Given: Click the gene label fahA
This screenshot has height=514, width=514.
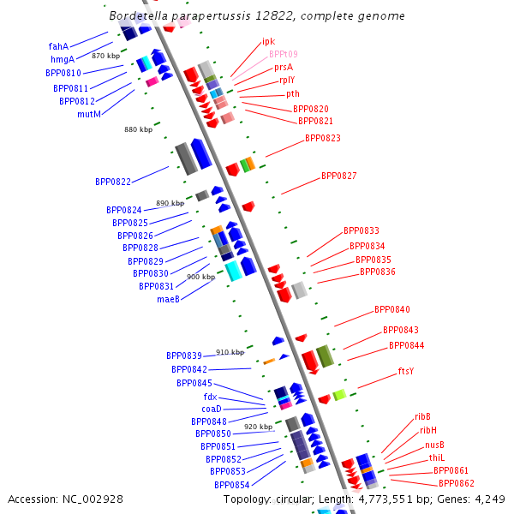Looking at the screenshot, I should click(58, 46).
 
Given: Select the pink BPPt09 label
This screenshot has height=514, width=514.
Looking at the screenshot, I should click(284, 54).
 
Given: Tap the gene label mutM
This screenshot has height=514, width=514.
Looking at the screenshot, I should click(89, 114).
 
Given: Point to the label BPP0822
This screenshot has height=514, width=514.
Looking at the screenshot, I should click(112, 182).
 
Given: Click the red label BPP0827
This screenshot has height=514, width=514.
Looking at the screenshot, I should click(338, 176).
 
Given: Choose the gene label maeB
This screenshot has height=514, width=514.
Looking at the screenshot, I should click(168, 299).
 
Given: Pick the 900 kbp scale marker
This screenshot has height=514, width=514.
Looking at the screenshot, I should click(200, 277).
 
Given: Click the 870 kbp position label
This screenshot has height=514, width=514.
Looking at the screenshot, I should click(105, 56).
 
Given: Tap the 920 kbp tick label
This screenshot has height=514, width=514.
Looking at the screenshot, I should click(258, 427).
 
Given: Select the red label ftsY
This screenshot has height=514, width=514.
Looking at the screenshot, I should click(405, 372).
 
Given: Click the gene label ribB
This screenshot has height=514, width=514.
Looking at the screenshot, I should click(422, 417).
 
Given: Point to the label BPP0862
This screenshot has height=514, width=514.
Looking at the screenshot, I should click(456, 484).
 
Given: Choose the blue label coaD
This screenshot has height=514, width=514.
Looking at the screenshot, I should click(212, 409).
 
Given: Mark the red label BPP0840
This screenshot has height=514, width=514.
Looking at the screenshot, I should click(391, 310).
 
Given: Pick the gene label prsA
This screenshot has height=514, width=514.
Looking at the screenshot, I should click(284, 67).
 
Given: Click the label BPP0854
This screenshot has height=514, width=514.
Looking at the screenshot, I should click(231, 485).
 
